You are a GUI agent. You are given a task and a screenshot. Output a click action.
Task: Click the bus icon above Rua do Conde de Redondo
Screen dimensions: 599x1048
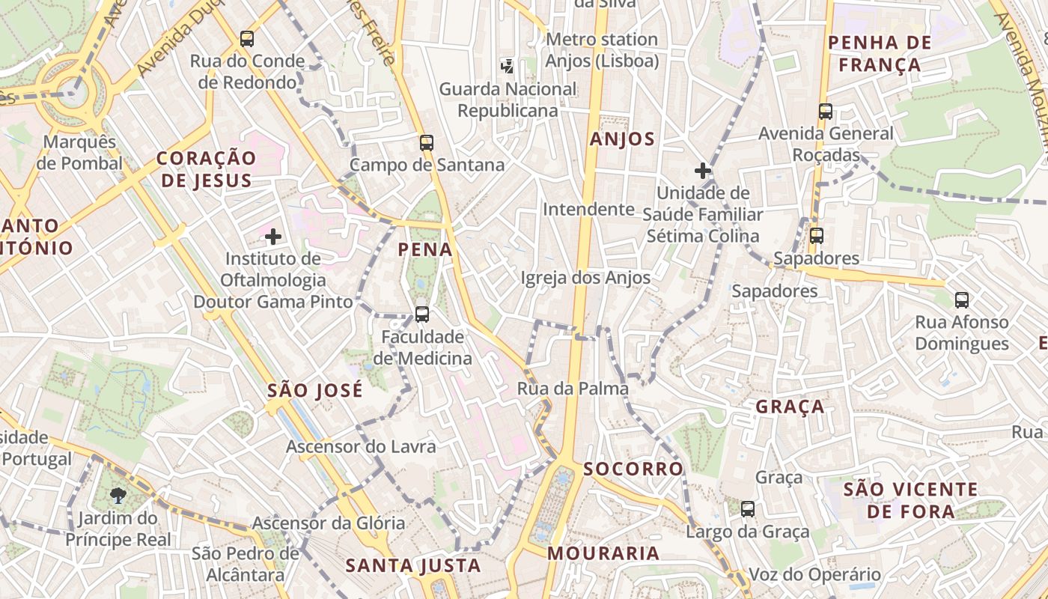pyautogui.click(x=247, y=39)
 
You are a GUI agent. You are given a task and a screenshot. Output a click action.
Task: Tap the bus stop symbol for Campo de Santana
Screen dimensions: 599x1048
pyautogui.click(x=427, y=142)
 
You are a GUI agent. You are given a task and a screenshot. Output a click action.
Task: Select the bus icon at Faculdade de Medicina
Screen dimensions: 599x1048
pyautogui.click(x=422, y=314)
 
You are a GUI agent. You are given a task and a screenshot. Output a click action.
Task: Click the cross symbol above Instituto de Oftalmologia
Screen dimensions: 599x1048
pyautogui.click(x=273, y=237)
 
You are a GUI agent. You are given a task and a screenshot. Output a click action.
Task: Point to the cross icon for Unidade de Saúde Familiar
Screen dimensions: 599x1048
pyautogui.click(x=702, y=171)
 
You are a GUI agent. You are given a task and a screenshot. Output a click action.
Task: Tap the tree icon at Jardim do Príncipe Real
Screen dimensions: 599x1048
pyautogui.click(x=118, y=495)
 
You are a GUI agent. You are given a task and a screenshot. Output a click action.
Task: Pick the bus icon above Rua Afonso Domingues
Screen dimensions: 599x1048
pyautogui.click(x=962, y=300)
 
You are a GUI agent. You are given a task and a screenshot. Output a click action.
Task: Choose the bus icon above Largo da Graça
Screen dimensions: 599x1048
pyautogui.click(x=747, y=509)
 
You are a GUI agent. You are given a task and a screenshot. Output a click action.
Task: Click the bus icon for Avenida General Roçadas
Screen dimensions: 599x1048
pyautogui.click(x=826, y=112)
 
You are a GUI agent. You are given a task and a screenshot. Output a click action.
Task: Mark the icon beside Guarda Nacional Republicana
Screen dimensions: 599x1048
pyautogui.click(x=508, y=67)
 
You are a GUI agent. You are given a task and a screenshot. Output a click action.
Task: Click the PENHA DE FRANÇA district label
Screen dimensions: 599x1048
pyautogui.click(x=880, y=53)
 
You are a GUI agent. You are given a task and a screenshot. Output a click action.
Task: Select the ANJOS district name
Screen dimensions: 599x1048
pyautogui.click(x=622, y=139)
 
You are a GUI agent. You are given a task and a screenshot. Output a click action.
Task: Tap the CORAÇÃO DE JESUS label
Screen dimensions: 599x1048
pyautogui.click(x=207, y=169)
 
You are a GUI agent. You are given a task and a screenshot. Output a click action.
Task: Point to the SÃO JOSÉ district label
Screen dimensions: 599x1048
pyautogui.click(x=315, y=390)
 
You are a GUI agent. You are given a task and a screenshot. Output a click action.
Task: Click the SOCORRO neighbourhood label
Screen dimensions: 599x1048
pyautogui.click(x=633, y=469)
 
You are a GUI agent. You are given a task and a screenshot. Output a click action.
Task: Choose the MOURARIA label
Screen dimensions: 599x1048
pyautogui.click(x=603, y=553)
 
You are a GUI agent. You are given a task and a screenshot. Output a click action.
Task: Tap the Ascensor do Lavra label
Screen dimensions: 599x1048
pyautogui.click(x=361, y=447)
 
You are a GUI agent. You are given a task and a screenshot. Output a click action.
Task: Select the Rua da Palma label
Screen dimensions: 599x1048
pyautogui.click(x=573, y=389)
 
